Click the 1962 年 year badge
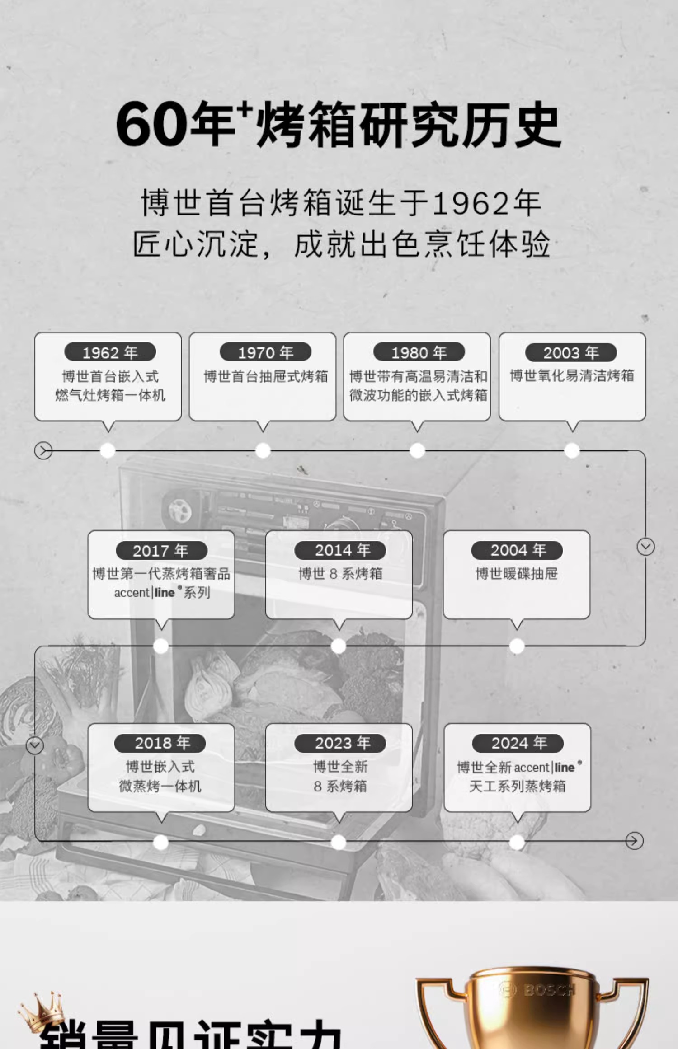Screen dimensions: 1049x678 pyautogui.click(x=110, y=352)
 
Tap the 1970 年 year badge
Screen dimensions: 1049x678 pyautogui.click(x=265, y=352)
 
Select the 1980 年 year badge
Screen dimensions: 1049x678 pyautogui.click(x=419, y=352)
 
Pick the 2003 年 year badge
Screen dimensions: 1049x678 pyautogui.click(x=570, y=352)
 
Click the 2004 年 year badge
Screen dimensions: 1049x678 pyautogui.click(x=517, y=550)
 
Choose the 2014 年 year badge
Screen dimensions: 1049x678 pyautogui.click(x=340, y=550)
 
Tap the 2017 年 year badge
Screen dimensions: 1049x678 pyautogui.click(x=161, y=551)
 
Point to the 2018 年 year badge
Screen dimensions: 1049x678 pyautogui.click(x=160, y=743)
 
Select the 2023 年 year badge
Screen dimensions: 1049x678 pyautogui.click(x=340, y=743)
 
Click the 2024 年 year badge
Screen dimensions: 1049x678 pyautogui.click(x=518, y=743)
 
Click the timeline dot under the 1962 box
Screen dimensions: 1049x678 pyautogui.click(x=108, y=450)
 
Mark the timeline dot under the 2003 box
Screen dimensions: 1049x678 pyautogui.click(x=572, y=450)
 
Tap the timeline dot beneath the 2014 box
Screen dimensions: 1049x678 pyautogui.click(x=339, y=646)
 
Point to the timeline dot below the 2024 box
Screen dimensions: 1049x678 pyautogui.click(x=517, y=842)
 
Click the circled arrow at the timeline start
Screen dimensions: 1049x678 pyautogui.click(x=43, y=450)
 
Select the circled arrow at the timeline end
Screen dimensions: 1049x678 pyautogui.click(x=634, y=841)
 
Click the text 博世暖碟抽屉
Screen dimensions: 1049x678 pyautogui.click(x=517, y=574)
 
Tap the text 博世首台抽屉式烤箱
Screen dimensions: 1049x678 pyautogui.click(x=265, y=376)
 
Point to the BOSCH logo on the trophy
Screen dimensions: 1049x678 pyautogui.click(x=538, y=990)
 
